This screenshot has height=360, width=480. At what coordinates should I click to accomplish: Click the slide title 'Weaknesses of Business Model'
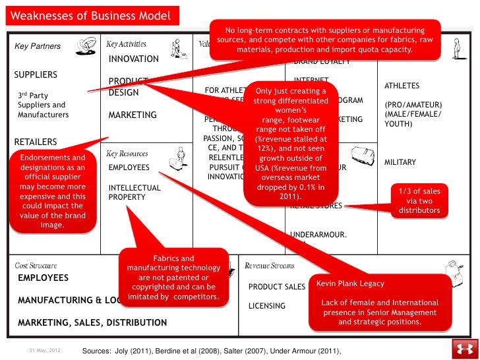(x=91, y=16)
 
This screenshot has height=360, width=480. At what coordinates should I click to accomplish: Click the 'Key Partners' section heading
(x=38, y=46)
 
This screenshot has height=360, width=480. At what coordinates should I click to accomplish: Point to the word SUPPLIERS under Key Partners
(x=36, y=75)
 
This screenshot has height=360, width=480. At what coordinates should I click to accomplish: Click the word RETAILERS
(x=36, y=142)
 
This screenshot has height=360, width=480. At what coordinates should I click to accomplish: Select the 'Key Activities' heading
(x=127, y=44)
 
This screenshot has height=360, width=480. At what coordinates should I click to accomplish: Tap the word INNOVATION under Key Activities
(x=134, y=59)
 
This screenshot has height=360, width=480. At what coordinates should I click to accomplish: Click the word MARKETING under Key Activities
(x=133, y=115)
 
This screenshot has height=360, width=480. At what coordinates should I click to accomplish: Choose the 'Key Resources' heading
(x=127, y=154)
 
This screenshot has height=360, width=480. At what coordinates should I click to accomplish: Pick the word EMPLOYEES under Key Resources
(x=129, y=167)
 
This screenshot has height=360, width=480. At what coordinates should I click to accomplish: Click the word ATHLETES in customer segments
(x=401, y=86)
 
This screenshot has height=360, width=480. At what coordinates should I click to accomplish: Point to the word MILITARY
(x=400, y=162)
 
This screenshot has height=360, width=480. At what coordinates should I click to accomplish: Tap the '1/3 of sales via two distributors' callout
(x=419, y=200)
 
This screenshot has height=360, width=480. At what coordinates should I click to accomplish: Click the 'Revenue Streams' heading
(x=270, y=266)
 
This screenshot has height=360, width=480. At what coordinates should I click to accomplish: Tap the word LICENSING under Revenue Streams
(x=267, y=306)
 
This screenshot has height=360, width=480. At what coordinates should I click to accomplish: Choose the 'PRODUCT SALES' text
(x=277, y=287)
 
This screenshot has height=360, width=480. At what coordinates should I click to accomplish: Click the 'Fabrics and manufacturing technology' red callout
(x=173, y=278)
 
